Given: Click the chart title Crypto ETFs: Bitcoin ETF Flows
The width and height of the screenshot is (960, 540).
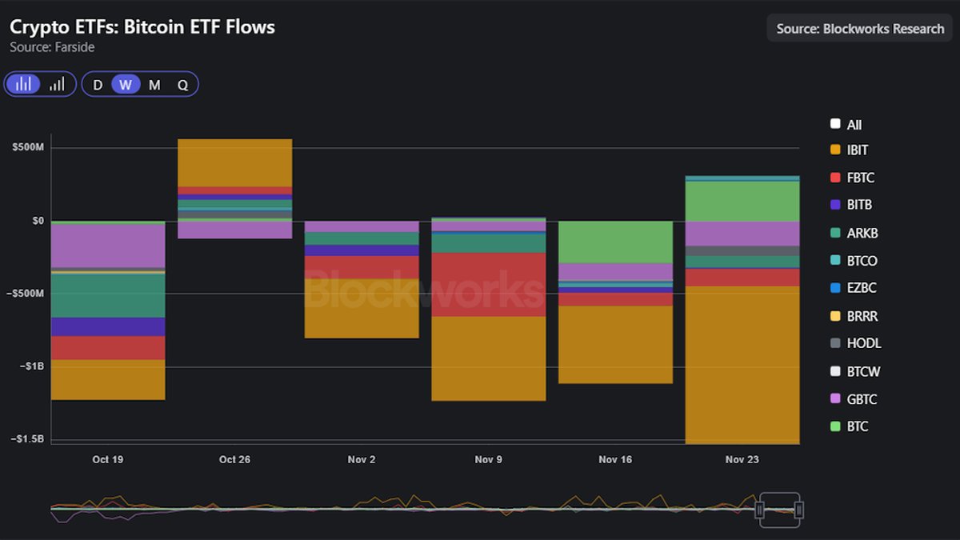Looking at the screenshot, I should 142,27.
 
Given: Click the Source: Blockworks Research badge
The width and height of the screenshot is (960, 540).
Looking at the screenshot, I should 859,28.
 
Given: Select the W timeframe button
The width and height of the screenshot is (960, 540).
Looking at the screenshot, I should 126,85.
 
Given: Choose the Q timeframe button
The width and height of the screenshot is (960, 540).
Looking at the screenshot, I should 182,85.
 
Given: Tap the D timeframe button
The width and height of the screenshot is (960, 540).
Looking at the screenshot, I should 98,85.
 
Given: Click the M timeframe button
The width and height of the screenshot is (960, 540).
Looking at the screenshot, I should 154,85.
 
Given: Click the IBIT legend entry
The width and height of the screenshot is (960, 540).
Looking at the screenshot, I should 857,150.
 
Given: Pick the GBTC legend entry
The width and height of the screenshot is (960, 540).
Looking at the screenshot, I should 862,399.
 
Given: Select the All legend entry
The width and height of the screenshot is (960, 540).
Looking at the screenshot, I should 854,125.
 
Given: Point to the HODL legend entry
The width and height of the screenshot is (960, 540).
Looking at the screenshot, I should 863,343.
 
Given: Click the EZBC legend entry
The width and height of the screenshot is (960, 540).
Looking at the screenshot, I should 862,288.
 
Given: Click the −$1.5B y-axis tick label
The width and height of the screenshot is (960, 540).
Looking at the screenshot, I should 27,439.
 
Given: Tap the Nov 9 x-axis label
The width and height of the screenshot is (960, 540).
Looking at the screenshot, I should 488,460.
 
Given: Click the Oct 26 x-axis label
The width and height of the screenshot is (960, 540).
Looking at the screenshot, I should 234,460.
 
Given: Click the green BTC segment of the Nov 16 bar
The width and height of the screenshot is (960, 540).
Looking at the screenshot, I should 614,242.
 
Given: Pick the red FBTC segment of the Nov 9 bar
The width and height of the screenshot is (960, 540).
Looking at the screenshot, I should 488,284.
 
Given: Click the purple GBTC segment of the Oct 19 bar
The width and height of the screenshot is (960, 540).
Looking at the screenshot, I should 107,246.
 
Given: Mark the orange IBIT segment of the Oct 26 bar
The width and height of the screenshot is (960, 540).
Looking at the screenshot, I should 234,162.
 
